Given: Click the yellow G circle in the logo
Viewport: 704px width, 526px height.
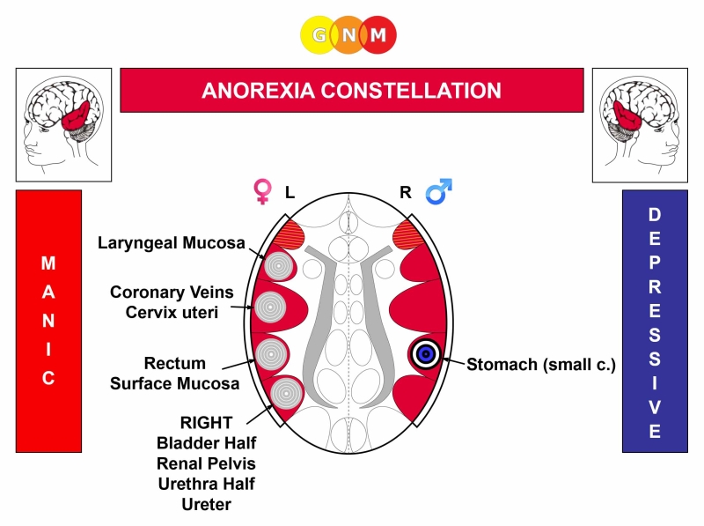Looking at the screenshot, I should coord(319,35).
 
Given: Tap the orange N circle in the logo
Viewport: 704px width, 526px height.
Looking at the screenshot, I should coord(348,35).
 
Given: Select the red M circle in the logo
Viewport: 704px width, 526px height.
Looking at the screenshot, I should coord(378,35).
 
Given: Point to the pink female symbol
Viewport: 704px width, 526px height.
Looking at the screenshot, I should coord(261,191).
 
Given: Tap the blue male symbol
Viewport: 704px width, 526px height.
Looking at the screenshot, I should coord(436,191).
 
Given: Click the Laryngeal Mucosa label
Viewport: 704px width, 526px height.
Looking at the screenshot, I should coord(172,242).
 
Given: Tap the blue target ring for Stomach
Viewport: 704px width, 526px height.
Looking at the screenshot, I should coord(425,354).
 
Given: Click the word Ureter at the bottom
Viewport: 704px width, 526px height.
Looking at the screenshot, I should coord(207,503).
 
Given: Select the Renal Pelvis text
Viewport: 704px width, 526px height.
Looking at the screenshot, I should coord(207,463).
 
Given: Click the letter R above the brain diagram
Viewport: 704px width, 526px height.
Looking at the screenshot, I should coord(406,191).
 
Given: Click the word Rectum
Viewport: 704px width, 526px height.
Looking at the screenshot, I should coord(175,363).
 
